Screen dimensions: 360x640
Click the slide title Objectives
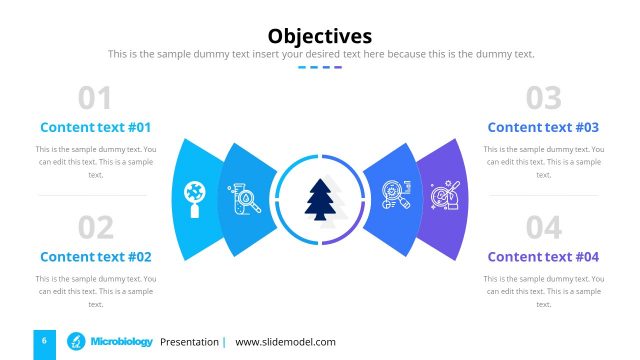pyautogui.click(x=320, y=36)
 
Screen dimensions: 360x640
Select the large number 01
pyautogui.click(x=95, y=98)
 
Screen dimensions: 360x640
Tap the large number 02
pyautogui.click(x=95, y=228)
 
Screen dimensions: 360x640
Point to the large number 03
pyautogui.click(x=543, y=98)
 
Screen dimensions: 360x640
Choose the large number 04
pyautogui.click(x=543, y=228)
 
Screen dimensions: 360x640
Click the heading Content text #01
pyautogui.click(x=95, y=127)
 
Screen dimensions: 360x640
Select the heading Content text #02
pyautogui.click(x=95, y=256)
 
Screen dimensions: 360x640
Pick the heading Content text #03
pyautogui.click(x=543, y=127)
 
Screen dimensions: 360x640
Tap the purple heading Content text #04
pyautogui.click(x=543, y=256)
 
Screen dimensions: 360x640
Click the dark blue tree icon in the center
pyautogui.click(x=320, y=199)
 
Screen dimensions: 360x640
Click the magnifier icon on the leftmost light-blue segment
pyautogui.click(x=194, y=198)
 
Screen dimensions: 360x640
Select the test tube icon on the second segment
pyautogui.click(x=243, y=198)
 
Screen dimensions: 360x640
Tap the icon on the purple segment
pyautogui.click(x=445, y=196)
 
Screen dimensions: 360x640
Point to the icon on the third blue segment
pyautogui.click(x=398, y=197)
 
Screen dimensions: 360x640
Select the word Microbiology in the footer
pyautogui.click(x=121, y=342)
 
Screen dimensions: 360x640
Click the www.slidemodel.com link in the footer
pyautogui.click(x=285, y=342)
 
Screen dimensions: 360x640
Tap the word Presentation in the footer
pyautogui.click(x=189, y=342)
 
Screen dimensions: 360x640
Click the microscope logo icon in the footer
pyautogui.click(x=75, y=342)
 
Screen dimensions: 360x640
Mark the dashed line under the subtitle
pyautogui.click(x=320, y=67)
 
